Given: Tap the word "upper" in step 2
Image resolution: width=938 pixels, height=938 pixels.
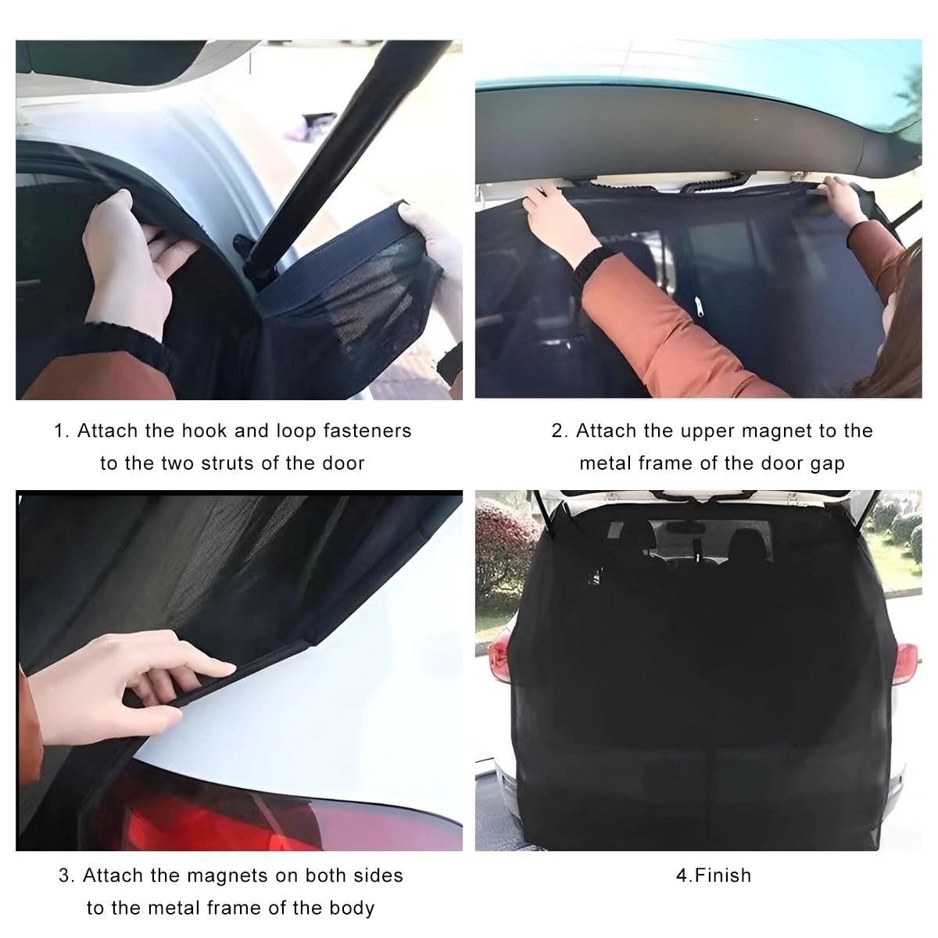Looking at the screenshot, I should (x=707, y=431).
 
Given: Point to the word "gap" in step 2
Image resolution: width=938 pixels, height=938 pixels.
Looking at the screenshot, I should (x=827, y=464).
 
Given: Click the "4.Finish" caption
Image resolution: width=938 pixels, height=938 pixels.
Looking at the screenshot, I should (x=713, y=875).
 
